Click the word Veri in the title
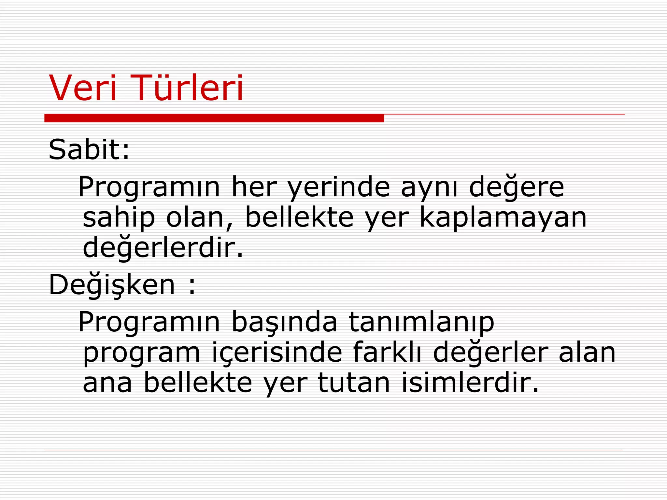point(83,88)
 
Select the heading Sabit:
point(89,150)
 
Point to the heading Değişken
point(112,285)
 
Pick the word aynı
point(429,188)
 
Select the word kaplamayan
point(503,218)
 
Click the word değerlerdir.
point(163,248)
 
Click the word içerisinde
point(277,353)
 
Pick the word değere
point(517,187)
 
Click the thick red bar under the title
point(214,118)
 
